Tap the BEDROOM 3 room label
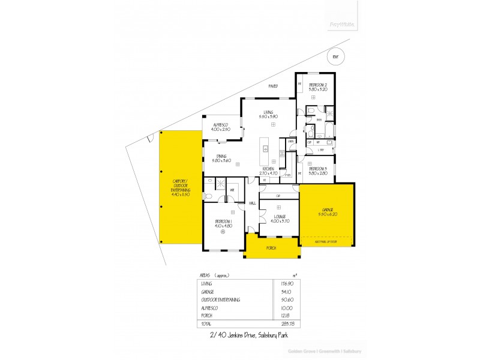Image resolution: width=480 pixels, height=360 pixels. click(x=318, y=170)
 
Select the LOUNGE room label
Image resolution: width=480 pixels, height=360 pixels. click(x=280, y=218)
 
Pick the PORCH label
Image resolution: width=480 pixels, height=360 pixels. click(x=271, y=247)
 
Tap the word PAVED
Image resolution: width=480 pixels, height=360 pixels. click(x=273, y=87)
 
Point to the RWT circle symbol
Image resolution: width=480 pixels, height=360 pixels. click(x=335, y=56)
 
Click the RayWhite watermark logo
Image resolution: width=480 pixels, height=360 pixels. click(x=343, y=25)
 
